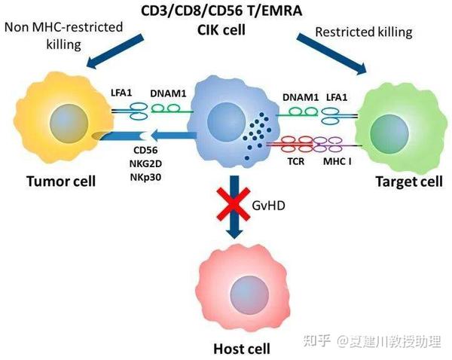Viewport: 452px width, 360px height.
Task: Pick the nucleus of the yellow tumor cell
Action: point(67,120)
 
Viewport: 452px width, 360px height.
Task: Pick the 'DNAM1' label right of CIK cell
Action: point(299,96)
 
